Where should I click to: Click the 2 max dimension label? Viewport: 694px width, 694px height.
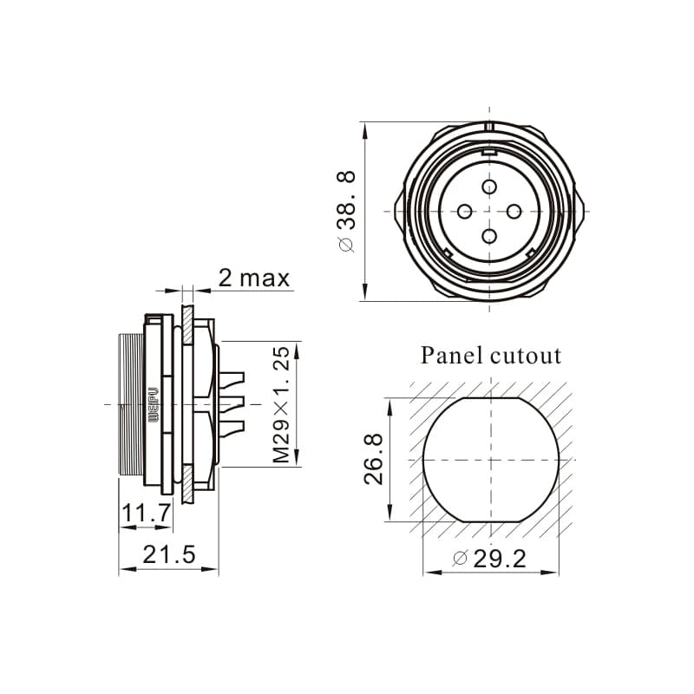(x=253, y=278)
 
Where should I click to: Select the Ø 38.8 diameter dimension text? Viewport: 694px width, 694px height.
(x=346, y=212)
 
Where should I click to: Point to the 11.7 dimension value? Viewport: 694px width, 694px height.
(x=146, y=514)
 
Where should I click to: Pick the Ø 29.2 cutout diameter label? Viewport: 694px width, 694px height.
(x=489, y=559)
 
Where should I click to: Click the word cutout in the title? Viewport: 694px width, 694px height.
(x=525, y=355)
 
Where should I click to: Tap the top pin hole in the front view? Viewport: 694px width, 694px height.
(x=489, y=187)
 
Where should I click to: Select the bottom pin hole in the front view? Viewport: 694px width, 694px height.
(x=489, y=235)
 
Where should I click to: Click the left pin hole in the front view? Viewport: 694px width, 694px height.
(x=465, y=211)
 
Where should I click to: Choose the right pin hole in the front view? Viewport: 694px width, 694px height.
(x=514, y=211)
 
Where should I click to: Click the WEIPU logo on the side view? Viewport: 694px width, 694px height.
(x=153, y=404)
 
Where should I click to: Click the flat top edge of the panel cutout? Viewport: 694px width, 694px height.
(x=490, y=398)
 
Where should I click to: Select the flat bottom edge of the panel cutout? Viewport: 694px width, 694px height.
(x=490, y=520)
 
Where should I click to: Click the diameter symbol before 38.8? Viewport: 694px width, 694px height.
(x=346, y=246)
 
